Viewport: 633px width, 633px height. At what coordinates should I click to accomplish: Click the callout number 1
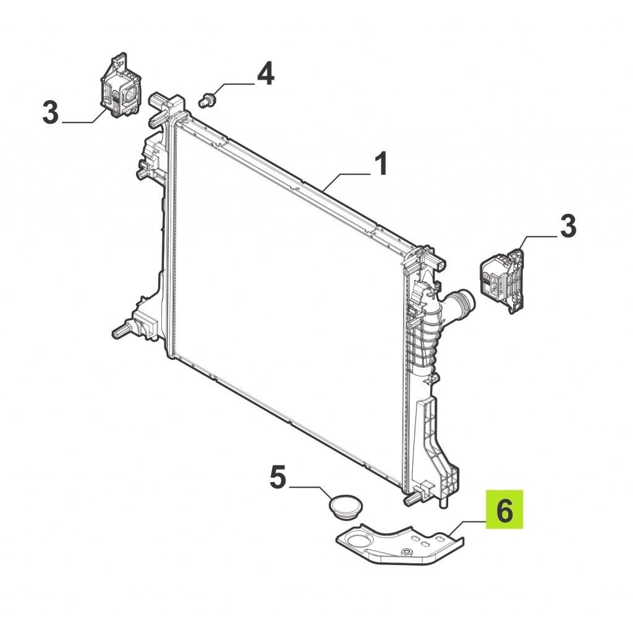tap(381, 163)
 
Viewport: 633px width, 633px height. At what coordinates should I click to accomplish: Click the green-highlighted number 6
tap(504, 509)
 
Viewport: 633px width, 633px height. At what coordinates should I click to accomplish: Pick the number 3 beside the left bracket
tap(51, 112)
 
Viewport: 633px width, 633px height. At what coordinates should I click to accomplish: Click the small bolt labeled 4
tap(208, 100)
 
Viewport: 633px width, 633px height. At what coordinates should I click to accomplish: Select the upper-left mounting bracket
tap(120, 86)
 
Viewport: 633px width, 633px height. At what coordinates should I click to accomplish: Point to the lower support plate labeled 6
tap(400, 544)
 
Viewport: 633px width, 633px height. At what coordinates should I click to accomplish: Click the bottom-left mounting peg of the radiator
tap(121, 332)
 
